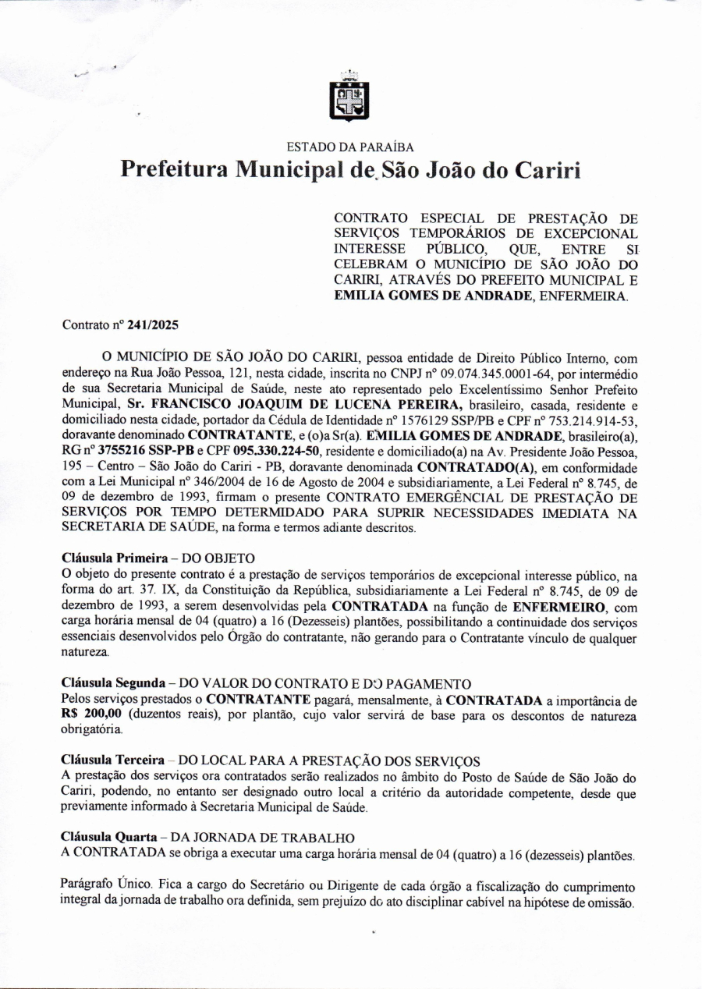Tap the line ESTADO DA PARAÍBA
tap(350, 147)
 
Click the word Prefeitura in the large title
tap(175, 170)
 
